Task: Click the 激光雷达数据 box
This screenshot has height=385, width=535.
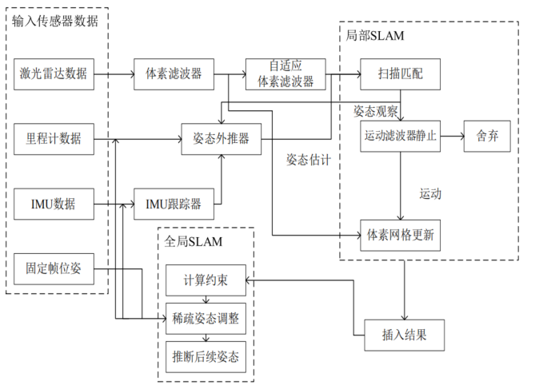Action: (x=54, y=75)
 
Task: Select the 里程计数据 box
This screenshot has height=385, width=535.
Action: (x=54, y=138)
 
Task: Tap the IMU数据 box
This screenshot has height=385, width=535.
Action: (x=54, y=204)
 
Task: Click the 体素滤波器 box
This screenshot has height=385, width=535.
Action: (x=173, y=75)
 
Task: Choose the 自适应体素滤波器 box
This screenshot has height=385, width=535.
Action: (x=285, y=74)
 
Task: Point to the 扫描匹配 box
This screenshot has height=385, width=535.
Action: (x=401, y=75)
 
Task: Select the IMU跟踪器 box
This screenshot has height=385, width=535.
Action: (x=173, y=204)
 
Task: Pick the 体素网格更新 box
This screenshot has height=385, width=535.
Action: (x=401, y=235)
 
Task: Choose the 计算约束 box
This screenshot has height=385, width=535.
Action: (x=206, y=280)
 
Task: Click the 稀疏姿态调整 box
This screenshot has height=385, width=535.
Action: (x=206, y=318)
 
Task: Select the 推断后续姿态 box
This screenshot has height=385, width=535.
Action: (x=206, y=355)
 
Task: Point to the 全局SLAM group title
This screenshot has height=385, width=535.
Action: (x=194, y=240)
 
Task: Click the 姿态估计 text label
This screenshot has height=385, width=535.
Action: (x=309, y=160)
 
